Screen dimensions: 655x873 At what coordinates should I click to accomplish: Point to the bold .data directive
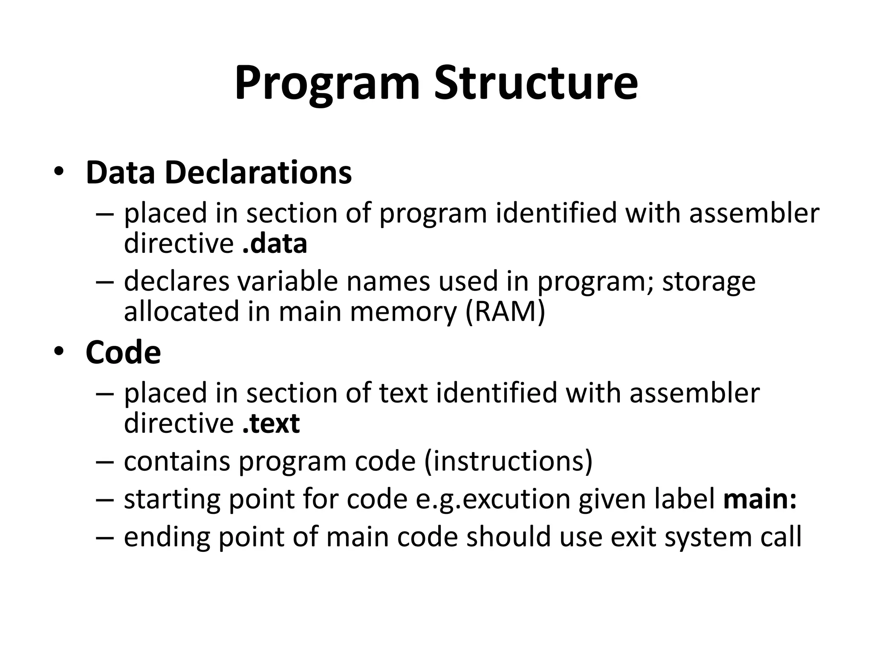275,243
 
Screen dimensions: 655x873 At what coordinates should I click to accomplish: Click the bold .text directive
271,423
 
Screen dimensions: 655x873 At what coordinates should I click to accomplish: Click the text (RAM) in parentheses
505,311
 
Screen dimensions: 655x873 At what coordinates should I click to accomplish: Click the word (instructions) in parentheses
508,461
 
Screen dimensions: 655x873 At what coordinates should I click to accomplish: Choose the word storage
709,282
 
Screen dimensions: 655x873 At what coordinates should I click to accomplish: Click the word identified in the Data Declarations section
556,213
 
